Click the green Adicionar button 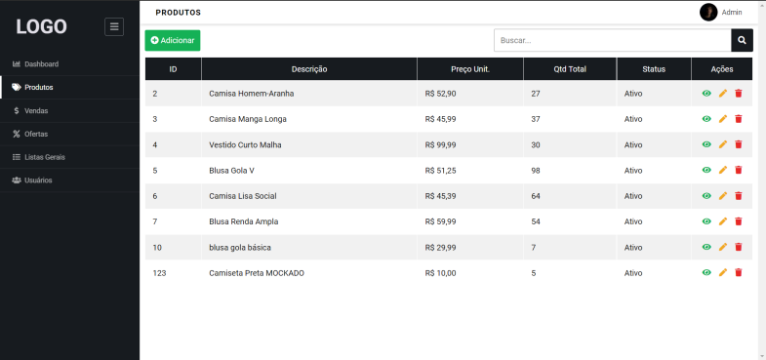173,40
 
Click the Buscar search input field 612,40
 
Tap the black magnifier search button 743,40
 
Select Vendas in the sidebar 36,110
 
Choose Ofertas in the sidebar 36,134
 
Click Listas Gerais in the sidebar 45,157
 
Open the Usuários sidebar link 38,180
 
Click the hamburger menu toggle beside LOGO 114,27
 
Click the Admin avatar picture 708,12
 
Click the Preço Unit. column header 470,69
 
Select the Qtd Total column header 570,69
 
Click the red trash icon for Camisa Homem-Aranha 739,94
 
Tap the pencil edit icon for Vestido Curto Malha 723,144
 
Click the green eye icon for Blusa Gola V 706,170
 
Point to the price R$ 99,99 441,144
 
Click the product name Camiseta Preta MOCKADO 257,273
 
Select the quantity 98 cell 536,170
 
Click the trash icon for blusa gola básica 739,247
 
